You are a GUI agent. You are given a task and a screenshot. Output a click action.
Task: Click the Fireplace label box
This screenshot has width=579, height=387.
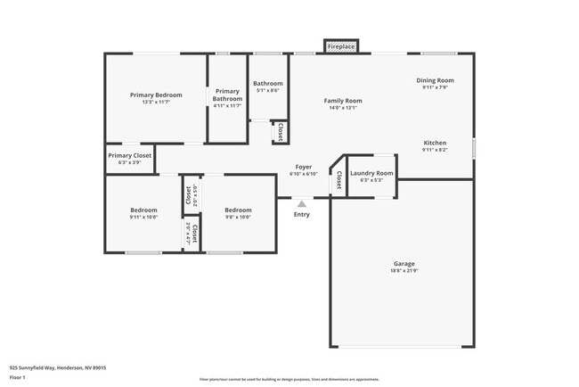tap(340, 45)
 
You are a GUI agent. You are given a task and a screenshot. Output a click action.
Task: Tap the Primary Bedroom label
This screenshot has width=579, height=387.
tap(156, 95)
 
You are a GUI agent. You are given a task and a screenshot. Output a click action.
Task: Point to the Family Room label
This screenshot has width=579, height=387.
tap(342, 101)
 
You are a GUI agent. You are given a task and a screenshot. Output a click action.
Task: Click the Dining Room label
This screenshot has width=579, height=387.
tap(435, 80)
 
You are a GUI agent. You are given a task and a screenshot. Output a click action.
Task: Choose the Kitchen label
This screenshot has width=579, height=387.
tap(435, 143)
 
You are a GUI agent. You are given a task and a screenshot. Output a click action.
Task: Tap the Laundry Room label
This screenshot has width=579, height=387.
tap(371, 173)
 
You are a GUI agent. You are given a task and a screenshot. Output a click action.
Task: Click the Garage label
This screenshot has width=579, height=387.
tap(404, 264)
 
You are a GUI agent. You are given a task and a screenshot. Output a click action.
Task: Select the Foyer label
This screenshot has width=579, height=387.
tap(304, 167)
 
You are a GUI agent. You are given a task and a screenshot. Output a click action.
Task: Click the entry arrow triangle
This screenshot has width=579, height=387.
tap(301, 204)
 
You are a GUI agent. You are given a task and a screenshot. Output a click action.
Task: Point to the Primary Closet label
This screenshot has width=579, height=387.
tap(130, 155)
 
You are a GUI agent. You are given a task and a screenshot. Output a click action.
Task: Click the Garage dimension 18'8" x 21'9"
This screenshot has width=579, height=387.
tap(404, 271)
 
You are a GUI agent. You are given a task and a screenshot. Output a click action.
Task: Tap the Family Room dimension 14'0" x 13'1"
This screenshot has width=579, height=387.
tap(342, 108)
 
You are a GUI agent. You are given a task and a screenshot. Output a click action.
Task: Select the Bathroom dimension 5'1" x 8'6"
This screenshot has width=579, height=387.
tap(268, 90)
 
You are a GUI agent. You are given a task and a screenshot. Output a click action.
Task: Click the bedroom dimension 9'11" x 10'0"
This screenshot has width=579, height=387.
tap(143, 217)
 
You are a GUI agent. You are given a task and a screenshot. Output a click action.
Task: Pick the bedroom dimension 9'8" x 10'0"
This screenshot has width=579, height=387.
tap(238, 217)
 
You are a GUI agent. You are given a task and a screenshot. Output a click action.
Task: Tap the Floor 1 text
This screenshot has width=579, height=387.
tap(18, 378)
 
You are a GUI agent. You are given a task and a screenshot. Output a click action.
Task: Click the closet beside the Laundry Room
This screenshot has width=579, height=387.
tap(338, 180)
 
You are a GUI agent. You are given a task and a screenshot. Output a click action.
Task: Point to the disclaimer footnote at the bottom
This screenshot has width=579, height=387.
tap(289, 379)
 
